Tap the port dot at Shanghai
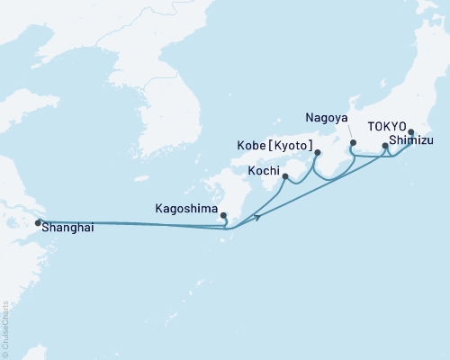pos(38,222)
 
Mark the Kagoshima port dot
pos(223,216)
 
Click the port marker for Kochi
pos(285,177)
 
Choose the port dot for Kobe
pos(317,153)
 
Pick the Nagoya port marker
pos(353,143)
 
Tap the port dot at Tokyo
pos(411,133)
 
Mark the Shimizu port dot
pos(385,146)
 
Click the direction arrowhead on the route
pos(258,217)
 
